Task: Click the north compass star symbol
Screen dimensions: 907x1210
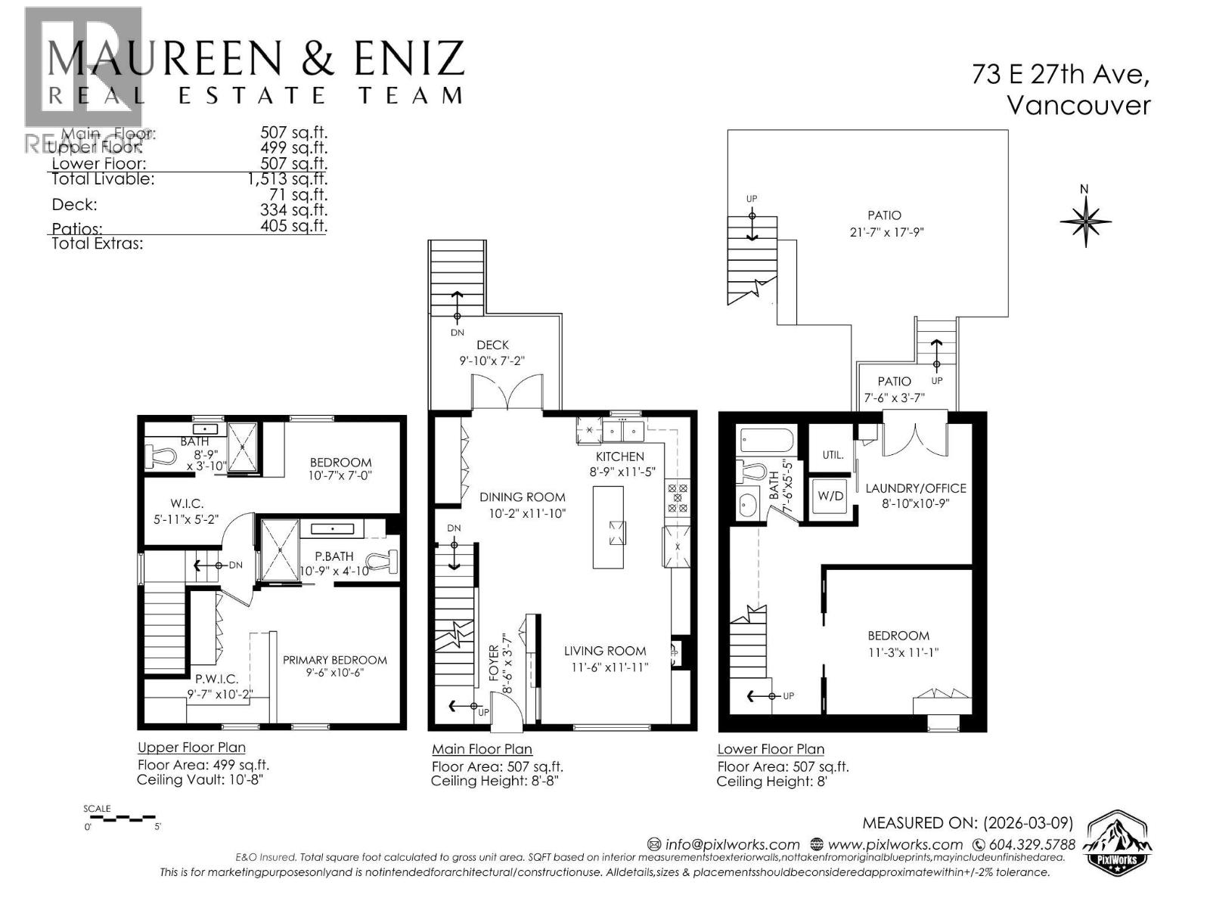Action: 1085,221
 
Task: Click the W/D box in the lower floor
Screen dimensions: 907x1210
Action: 830,496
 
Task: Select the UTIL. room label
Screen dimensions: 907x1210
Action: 833,455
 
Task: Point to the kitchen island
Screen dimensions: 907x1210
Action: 608,527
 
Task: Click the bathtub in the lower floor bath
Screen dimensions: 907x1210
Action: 766,439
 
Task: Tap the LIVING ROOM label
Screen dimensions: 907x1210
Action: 605,651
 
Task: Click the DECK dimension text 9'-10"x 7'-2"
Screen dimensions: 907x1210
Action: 492,361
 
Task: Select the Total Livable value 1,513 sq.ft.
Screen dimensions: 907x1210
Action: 287,179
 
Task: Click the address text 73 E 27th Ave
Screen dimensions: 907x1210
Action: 1060,75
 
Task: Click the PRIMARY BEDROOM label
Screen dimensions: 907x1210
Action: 335,660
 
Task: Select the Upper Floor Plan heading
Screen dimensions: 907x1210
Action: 191,748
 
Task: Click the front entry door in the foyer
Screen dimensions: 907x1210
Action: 505,714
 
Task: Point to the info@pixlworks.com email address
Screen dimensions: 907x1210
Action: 724,844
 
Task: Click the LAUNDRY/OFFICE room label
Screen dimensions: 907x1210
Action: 916,488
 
